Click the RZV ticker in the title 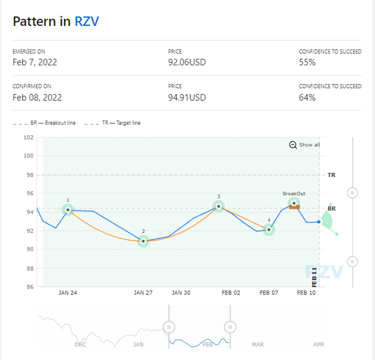coord(87,21)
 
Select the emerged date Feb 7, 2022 coord(35,62)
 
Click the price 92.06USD coord(187,62)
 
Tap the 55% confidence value coord(307,62)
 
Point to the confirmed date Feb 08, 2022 coord(37,97)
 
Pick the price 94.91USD coord(187,97)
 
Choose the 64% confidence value coord(307,97)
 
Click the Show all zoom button coord(305,145)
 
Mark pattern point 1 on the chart coord(68,210)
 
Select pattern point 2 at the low coord(143,241)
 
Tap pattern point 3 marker coord(219,206)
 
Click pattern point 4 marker coord(269,230)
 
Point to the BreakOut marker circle coord(294,203)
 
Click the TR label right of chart coord(331,175)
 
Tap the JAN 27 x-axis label coord(143,293)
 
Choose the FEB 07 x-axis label coord(269,293)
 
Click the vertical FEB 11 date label coord(315,276)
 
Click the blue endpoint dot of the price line coord(319,222)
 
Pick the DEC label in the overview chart coord(80,344)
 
